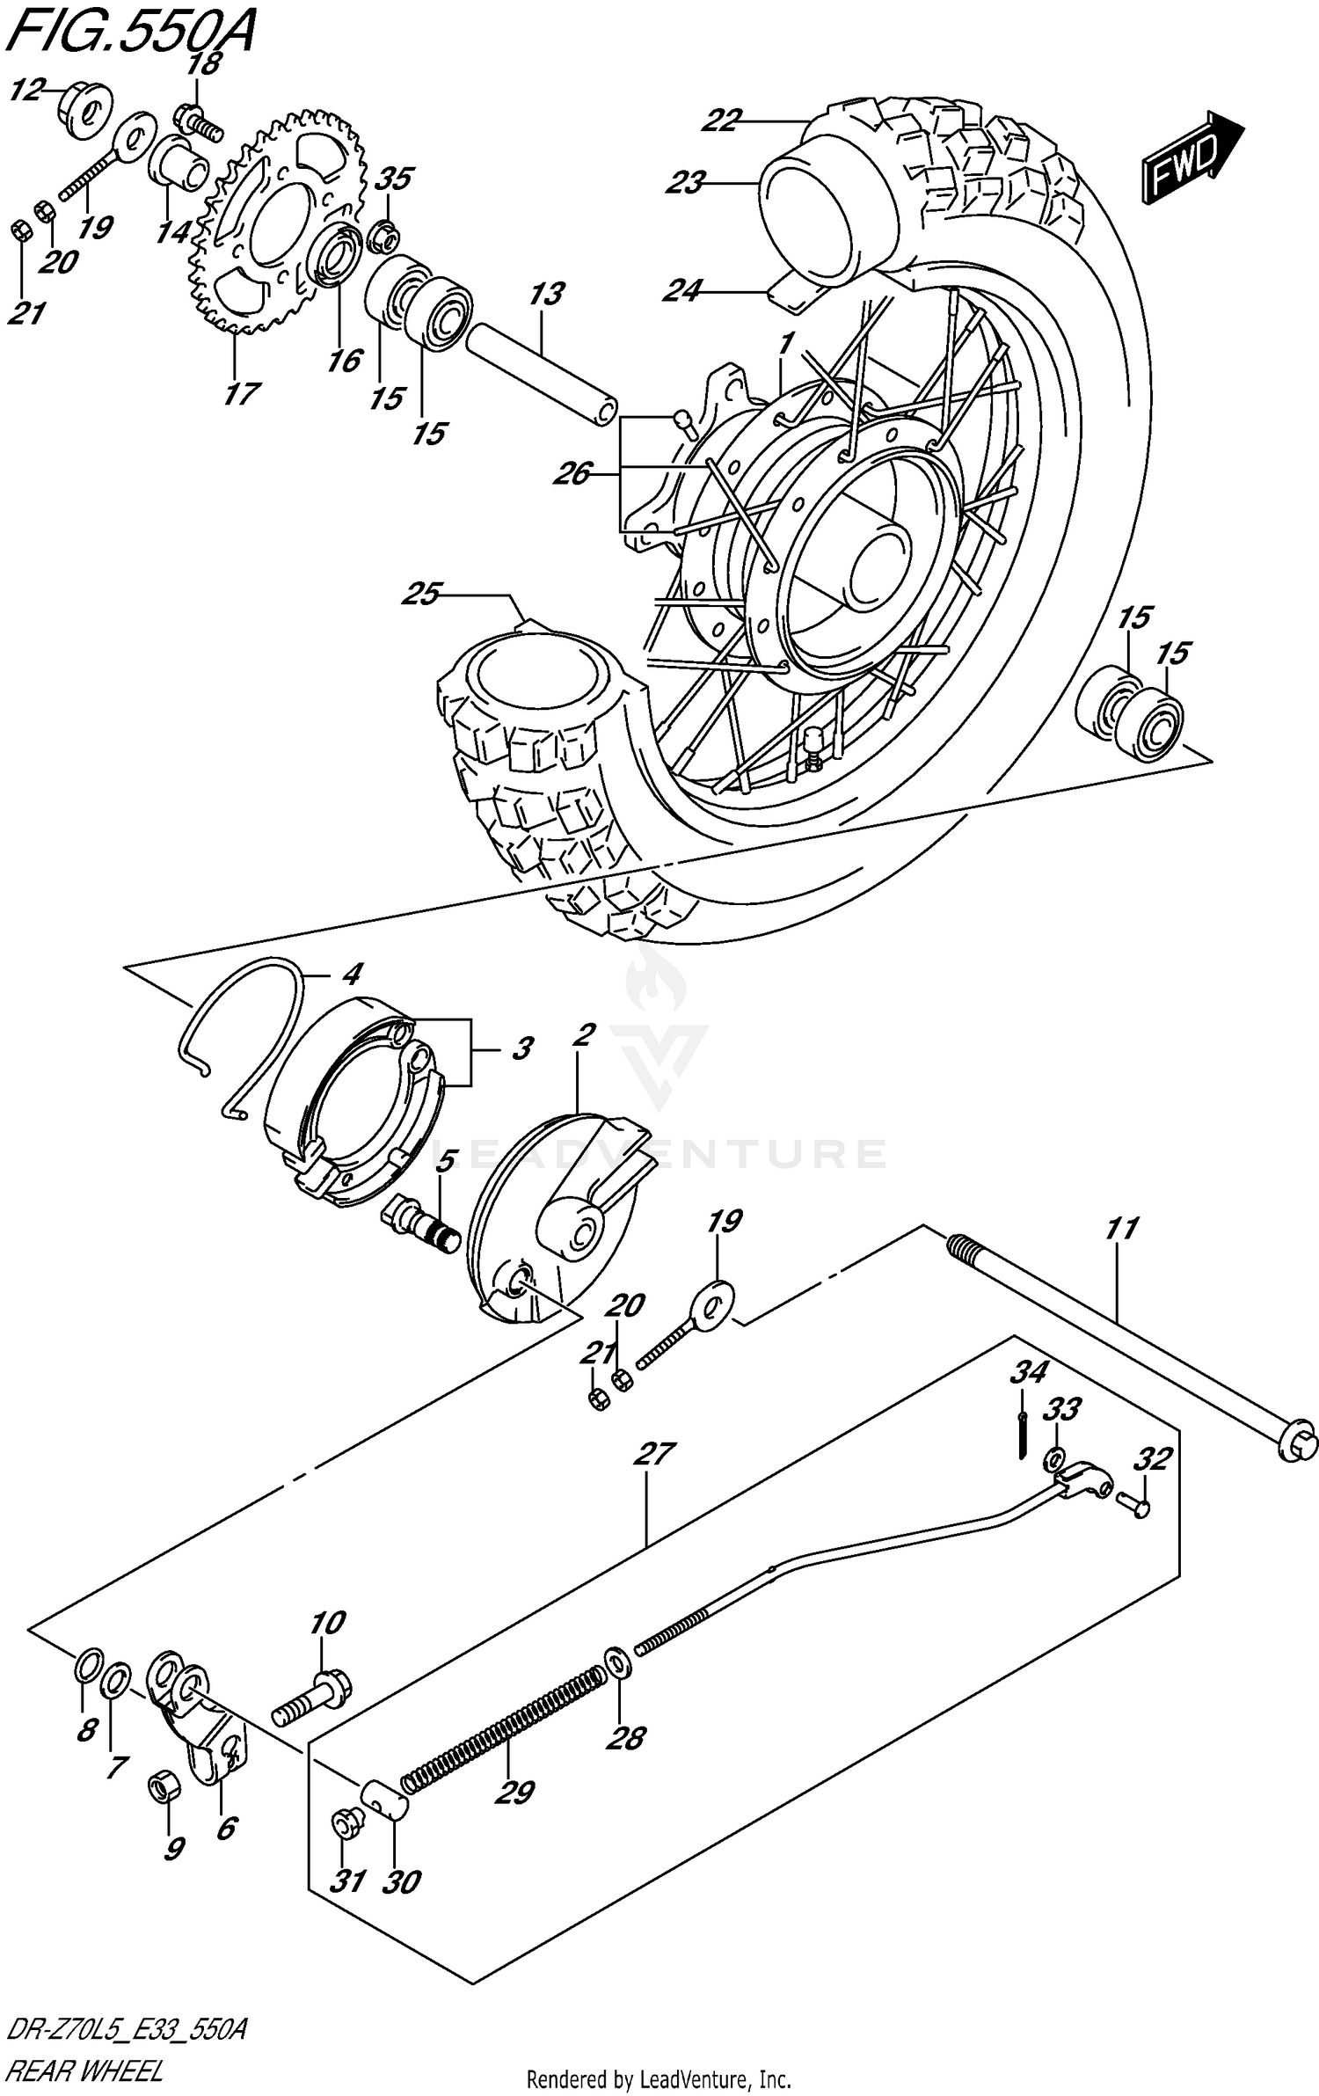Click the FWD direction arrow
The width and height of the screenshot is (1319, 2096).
point(1191,157)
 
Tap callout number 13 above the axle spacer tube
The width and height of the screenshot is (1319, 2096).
point(546,294)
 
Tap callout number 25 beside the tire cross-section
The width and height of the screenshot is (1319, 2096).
point(420,595)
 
